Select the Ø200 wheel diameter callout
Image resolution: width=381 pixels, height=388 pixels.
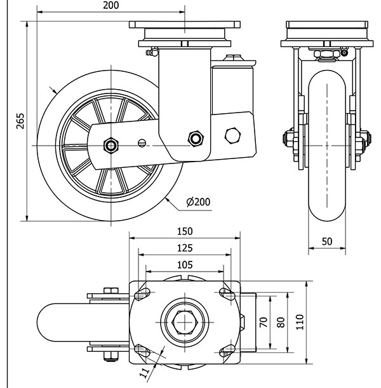pyautogui.click(x=198, y=202)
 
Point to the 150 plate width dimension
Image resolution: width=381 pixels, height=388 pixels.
pyautogui.click(x=185, y=232)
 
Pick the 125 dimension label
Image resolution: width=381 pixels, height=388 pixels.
pyautogui.click(x=185, y=248)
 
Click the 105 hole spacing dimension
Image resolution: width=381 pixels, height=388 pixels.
pyautogui.click(x=185, y=265)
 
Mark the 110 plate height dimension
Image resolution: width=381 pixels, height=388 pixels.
pyautogui.click(x=301, y=322)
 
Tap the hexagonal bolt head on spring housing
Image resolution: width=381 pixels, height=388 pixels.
pyautogui.click(x=234, y=135)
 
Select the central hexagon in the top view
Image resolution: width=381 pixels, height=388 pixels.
pyautogui.click(x=185, y=322)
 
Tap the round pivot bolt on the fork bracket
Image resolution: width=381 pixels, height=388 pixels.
pyautogui.click(x=195, y=137)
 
